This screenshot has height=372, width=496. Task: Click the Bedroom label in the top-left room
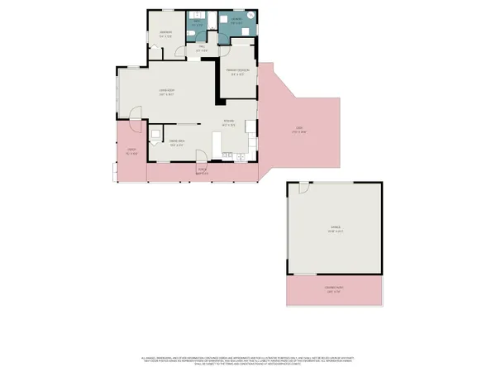[x=165, y=35]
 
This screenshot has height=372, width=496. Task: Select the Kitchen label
[x=230, y=123]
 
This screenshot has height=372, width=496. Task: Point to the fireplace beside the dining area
[x=155, y=133]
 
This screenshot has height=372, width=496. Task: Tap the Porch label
[x=201, y=172]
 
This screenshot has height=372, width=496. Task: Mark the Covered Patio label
[x=333, y=289]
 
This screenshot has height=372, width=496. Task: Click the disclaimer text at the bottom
[x=248, y=360]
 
